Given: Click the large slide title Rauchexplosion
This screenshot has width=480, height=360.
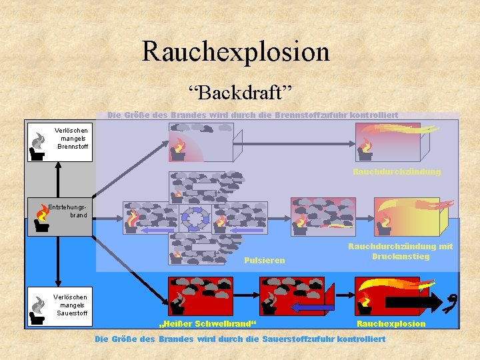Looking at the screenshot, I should (x=235, y=51).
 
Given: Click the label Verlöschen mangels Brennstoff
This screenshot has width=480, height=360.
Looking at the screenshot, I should (x=71, y=138).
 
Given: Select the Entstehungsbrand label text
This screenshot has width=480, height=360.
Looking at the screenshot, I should (x=68, y=211).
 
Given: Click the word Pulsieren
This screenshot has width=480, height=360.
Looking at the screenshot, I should (x=264, y=260).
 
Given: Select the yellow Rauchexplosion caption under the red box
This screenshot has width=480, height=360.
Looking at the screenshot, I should (x=391, y=323).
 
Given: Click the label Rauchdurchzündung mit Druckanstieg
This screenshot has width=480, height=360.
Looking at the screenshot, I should (x=400, y=251).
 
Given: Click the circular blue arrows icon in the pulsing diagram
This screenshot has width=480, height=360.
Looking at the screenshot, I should (x=197, y=217).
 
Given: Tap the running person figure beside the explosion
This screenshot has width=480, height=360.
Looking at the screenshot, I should (x=453, y=301).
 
